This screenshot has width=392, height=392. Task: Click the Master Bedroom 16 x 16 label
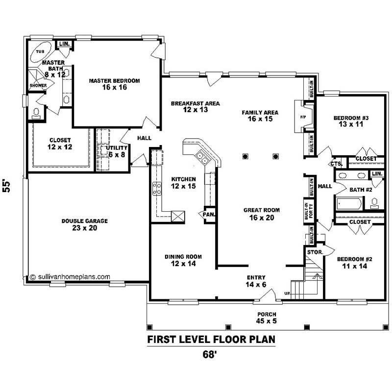[x=114, y=84]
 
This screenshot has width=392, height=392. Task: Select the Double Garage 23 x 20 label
[x=84, y=224]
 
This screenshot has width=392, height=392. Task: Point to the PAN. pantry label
[x=208, y=214]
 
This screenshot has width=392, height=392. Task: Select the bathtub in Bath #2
[x=349, y=202]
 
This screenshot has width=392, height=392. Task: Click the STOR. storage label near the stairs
[x=313, y=251]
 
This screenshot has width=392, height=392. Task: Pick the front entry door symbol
[x=267, y=295]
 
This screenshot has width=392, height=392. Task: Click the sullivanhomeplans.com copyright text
[x=70, y=276]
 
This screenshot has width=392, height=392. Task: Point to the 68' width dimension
[x=209, y=355]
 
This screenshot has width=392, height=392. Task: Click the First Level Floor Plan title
[x=211, y=339]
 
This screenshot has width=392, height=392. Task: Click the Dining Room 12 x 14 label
[x=183, y=260]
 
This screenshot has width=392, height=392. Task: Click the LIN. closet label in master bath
[x=64, y=45]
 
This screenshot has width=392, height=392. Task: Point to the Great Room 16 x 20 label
[x=261, y=214]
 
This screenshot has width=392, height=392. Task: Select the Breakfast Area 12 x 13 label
[x=195, y=106]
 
